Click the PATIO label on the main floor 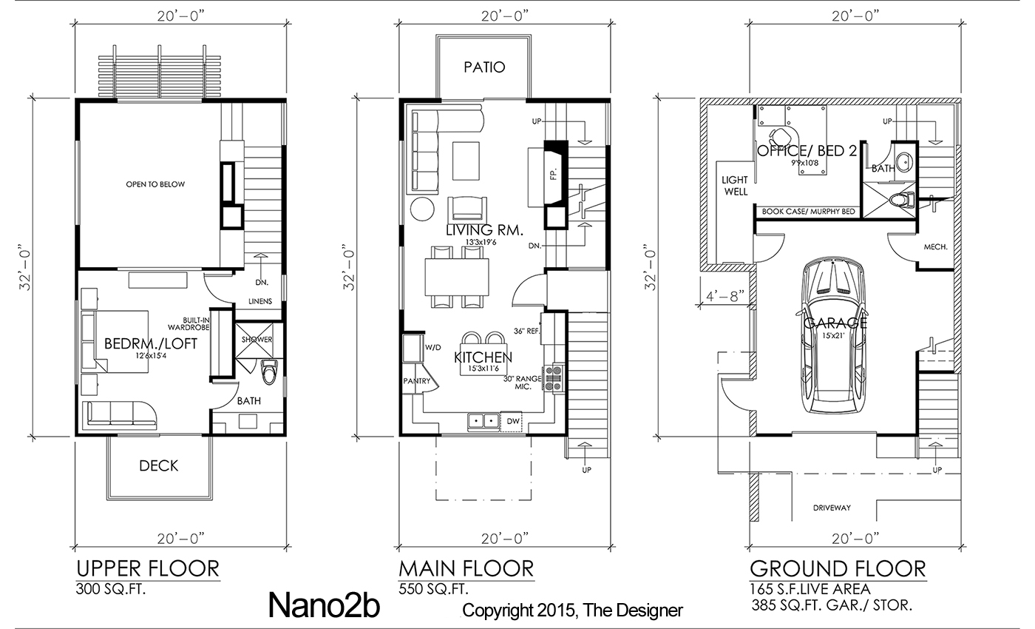pyautogui.click(x=484, y=67)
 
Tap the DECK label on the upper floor pyautogui.click(x=158, y=465)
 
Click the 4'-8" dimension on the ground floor pyautogui.click(x=725, y=296)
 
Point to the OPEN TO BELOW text pyautogui.click(x=155, y=184)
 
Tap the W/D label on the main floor pyautogui.click(x=433, y=347)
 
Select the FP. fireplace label pyautogui.click(x=554, y=174)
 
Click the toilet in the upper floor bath pyautogui.click(x=269, y=371)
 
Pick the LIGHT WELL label pyautogui.click(x=735, y=186)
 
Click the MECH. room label pyautogui.click(x=936, y=247)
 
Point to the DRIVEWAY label pyautogui.click(x=832, y=508)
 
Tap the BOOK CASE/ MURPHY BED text pyautogui.click(x=808, y=212)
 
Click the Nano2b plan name pyautogui.click(x=324, y=606)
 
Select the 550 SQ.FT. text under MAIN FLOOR pyautogui.click(x=433, y=589)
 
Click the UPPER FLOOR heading pyautogui.click(x=148, y=569)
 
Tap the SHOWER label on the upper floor pyautogui.click(x=257, y=340)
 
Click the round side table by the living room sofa pyautogui.click(x=422, y=209)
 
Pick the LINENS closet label pyautogui.click(x=260, y=301)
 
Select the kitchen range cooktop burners pyautogui.click(x=554, y=378)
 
